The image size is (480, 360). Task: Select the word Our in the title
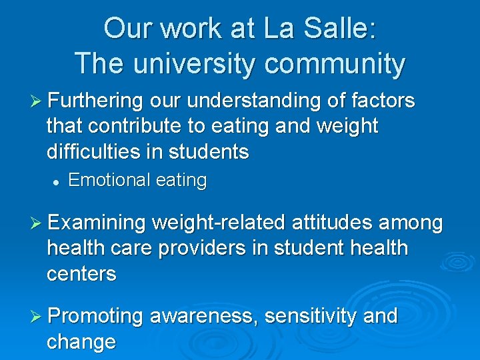pyautogui.click(x=126, y=29)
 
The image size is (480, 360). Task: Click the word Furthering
pyautogui.click(x=96, y=101)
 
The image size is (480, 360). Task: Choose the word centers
pyautogui.click(x=81, y=273)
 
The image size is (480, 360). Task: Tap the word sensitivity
pyautogui.click(x=311, y=316)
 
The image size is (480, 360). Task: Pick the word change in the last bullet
pyautogui.click(x=81, y=341)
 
